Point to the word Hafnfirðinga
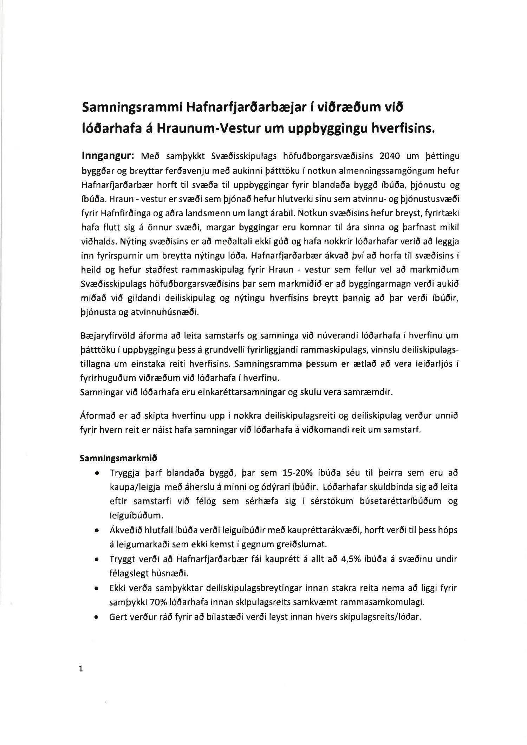click(122, 213)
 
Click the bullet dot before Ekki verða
click(96, 588)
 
